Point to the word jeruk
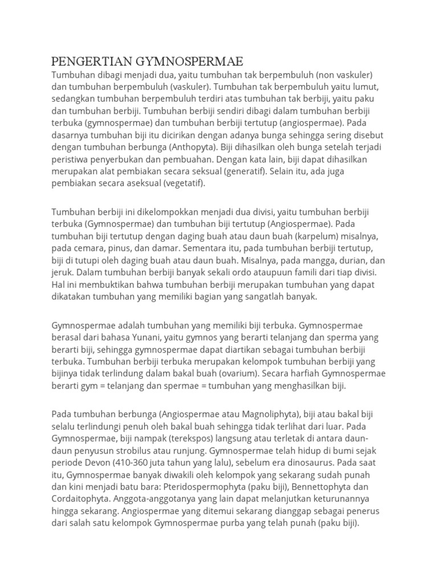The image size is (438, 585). [x=63, y=273]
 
